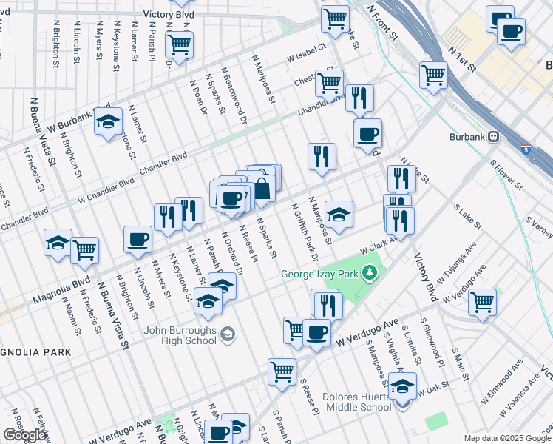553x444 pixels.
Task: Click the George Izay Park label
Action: pyautogui.click(x=323, y=275)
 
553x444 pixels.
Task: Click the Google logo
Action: pyautogui.click(x=24, y=434)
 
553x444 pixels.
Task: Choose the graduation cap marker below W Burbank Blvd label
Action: pyautogui.click(x=108, y=121)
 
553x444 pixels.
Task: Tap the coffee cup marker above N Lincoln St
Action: pyautogui.click(x=138, y=239)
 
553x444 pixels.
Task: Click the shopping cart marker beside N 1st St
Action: pyautogui.click(x=433, y=74)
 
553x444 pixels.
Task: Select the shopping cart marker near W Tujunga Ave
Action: pyautogui.click(x=482, y=301)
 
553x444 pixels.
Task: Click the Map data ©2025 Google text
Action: pyautogui.click(x=503, y=438)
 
